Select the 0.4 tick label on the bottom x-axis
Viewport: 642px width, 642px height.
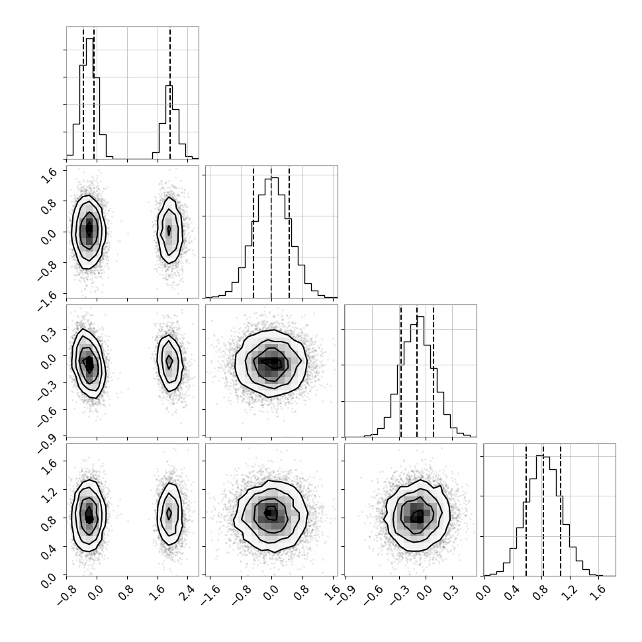click(510, 590)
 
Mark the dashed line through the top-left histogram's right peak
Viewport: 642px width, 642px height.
click(170, 93)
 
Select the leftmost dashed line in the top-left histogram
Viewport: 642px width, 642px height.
click(83, 93)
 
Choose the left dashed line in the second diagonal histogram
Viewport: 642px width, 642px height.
click(253, 232)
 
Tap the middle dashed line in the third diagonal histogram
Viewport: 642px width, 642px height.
click(417, 371)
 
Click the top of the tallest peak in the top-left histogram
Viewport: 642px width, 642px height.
click(89, 38)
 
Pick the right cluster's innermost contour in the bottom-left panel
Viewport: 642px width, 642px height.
click(169, 513)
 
